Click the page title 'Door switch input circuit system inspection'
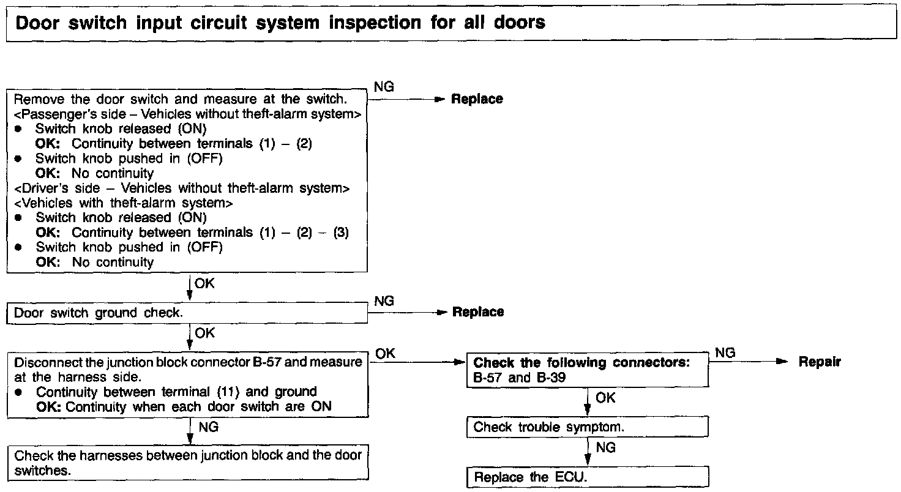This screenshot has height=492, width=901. (x=280, y=23)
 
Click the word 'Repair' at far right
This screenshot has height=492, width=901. (x=820, y=362)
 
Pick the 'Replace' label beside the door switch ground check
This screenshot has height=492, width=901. (x=478, y=312)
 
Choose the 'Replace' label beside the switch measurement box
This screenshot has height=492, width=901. (x=477, y=99)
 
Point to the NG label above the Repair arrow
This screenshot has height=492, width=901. (x=725, y=353)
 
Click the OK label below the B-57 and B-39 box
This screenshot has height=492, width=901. (x=605, y=398)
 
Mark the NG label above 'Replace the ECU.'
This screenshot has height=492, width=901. (x=605, y=448)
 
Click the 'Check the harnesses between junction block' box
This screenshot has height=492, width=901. (x=188, y=463)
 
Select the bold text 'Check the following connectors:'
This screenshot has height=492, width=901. (x=581, y=363)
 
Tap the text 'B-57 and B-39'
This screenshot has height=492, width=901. (x=519, y=378)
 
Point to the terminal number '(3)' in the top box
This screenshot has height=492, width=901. (x=341, y=233)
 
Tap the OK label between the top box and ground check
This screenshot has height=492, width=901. (x=204, y=284)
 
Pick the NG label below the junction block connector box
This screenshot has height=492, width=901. (x=209, y=427)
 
